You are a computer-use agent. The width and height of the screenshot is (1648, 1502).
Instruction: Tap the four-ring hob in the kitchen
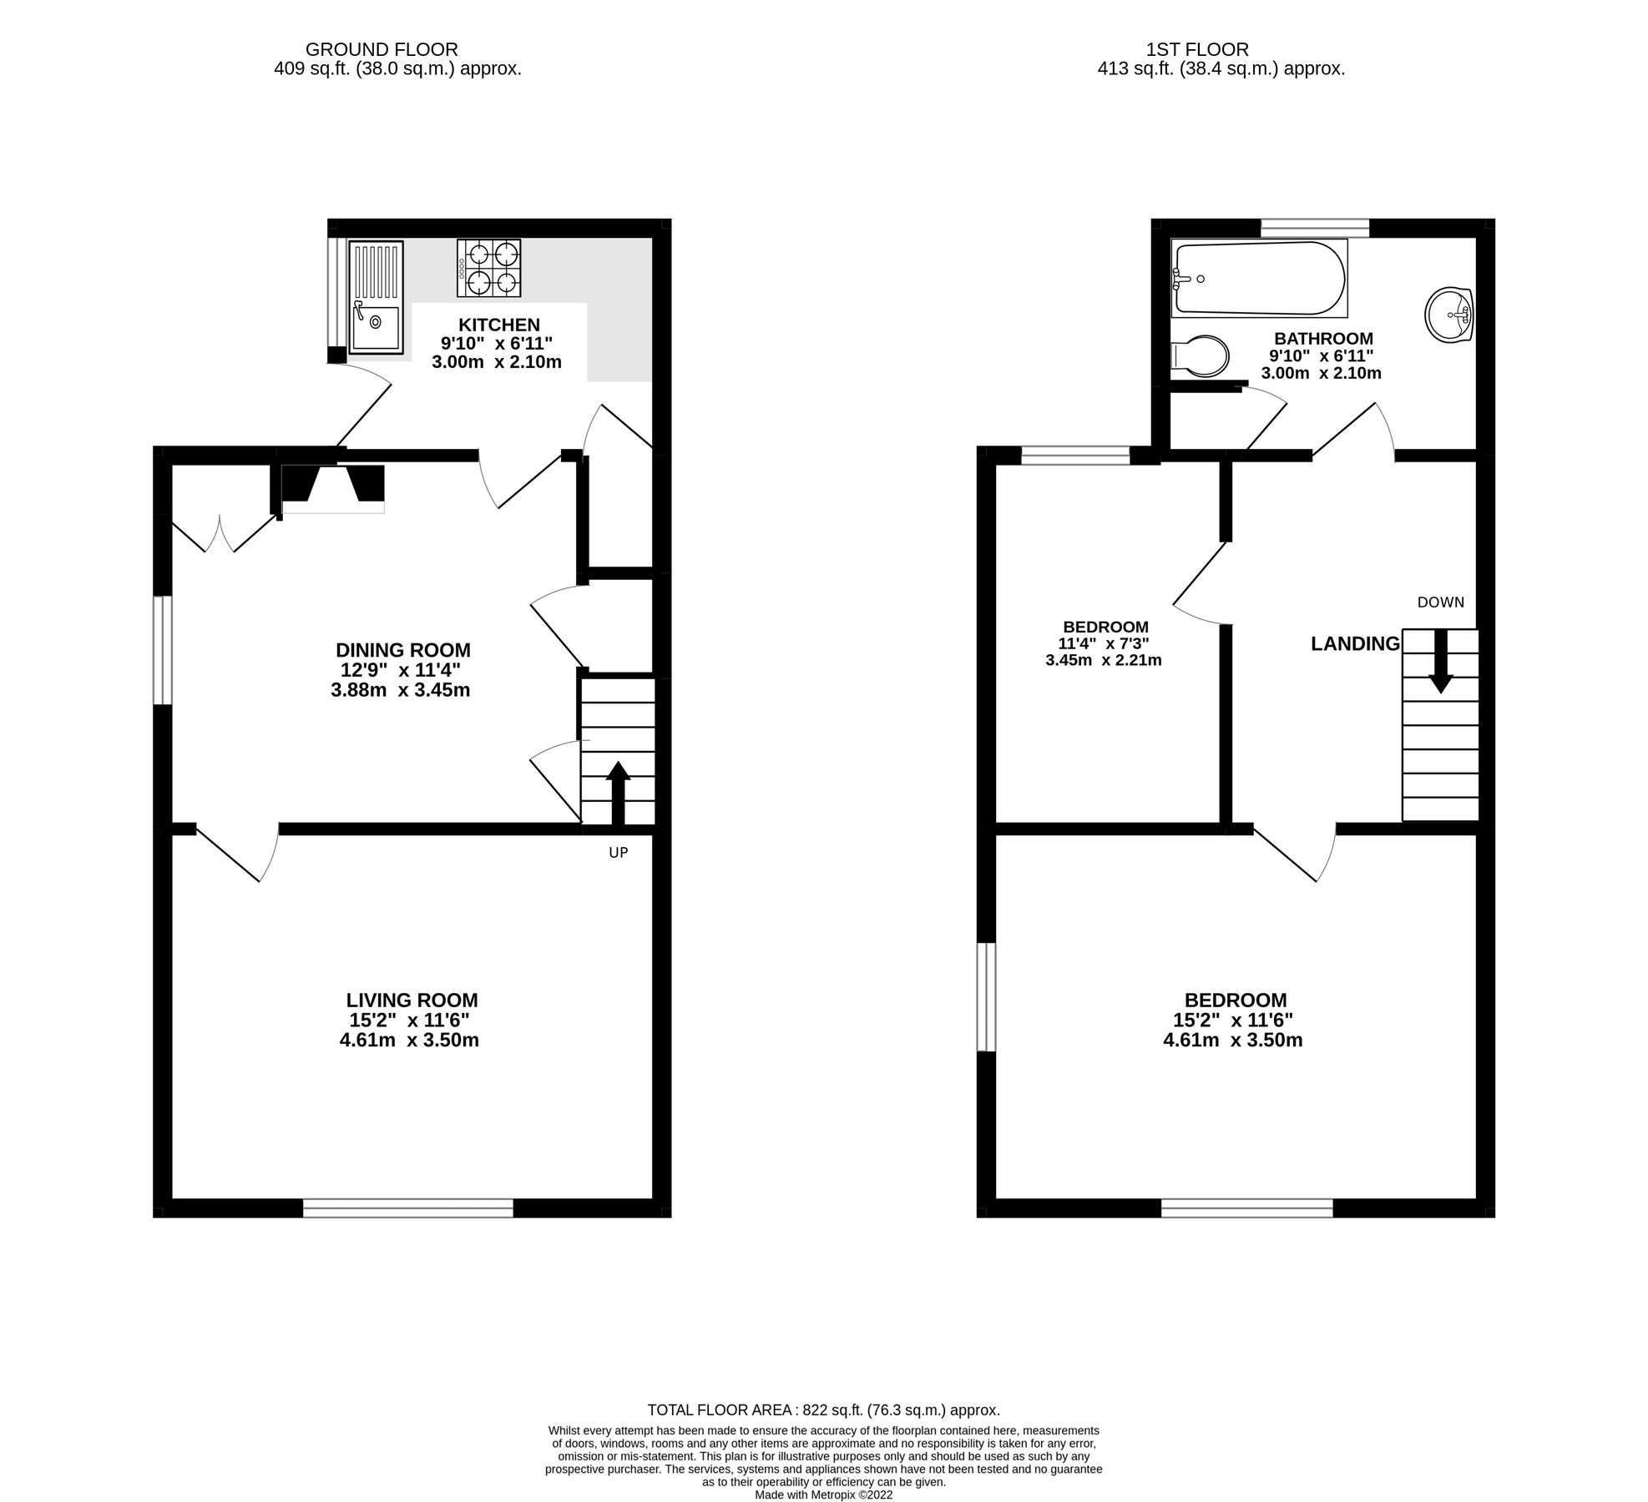(x=488, y=268)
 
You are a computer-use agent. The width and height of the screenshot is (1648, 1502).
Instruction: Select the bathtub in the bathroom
(x=1259, y=279)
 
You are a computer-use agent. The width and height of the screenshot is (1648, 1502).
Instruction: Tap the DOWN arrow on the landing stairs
(x=1440, y=660)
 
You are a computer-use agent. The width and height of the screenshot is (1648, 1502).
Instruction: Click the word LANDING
(x=1355, y=643)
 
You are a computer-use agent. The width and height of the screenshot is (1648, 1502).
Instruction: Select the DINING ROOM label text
(x=402, y=650)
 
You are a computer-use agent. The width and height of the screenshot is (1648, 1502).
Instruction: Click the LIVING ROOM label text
(x=412, y=1000)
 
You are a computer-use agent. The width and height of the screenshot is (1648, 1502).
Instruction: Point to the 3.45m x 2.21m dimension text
(x=1103, y=660)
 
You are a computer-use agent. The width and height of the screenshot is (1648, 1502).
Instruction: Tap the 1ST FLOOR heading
(x=1197, y=50)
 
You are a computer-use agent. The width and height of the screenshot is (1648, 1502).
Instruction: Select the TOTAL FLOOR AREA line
(x=823, y=1410)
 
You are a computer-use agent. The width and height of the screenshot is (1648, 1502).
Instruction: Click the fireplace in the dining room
(x=333, y=486)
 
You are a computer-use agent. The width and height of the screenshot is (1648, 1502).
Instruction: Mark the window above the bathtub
(x=1314, y=228)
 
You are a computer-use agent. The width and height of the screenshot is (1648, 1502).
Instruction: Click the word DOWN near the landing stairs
(x=1440, y=602)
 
